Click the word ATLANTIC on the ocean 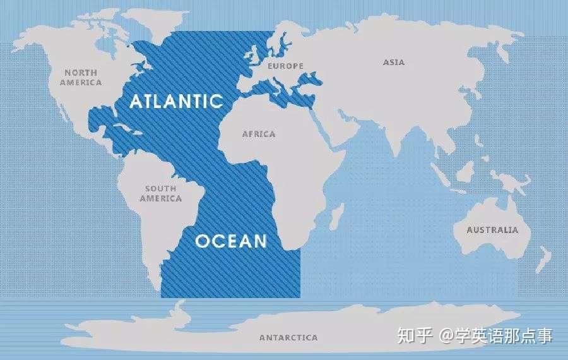(177, 101)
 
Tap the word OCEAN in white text (231, 241)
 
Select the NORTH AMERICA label (81, 78)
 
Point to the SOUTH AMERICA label (160, 193)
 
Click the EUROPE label (285, 66)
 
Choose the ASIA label (394, 63)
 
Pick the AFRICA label (259, 134)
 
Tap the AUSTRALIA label (492, 230)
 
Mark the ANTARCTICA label (288, 338)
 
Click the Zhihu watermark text (474, 335)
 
